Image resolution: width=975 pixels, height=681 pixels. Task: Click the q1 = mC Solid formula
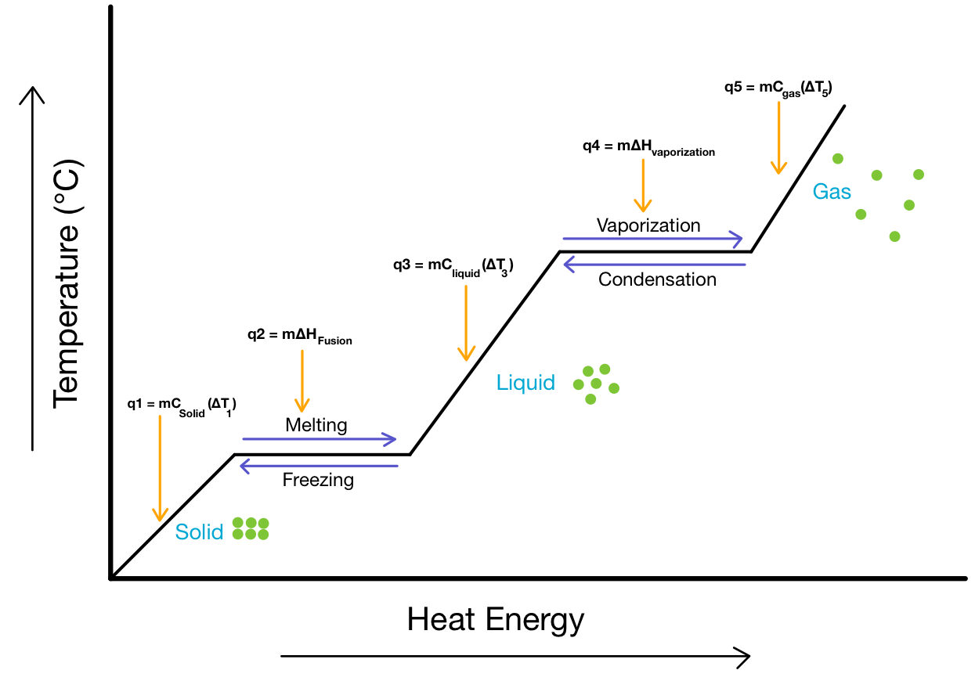pos(182,405)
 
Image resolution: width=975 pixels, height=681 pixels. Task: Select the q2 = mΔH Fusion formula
pos(299,336)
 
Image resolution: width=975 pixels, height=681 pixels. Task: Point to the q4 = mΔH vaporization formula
pos(648,147)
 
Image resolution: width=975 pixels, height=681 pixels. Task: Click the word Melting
pos(316,425)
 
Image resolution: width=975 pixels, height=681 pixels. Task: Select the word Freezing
pos(318,479)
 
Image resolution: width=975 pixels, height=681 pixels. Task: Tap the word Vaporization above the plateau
pos(648,225)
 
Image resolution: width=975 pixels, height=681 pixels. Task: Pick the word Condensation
pos(657,279)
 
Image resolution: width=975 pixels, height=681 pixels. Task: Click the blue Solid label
pos(199,532)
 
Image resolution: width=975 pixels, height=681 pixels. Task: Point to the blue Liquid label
pos(525,383)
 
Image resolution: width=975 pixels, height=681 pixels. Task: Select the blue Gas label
pos(832,192)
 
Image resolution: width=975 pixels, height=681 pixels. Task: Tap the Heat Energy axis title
pos(496,620)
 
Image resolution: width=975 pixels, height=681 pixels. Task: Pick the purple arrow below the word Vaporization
pos(652,237)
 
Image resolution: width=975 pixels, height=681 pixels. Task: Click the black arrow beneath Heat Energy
pos(515,655)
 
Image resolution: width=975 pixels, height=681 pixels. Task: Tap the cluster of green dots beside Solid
pos(251,528)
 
